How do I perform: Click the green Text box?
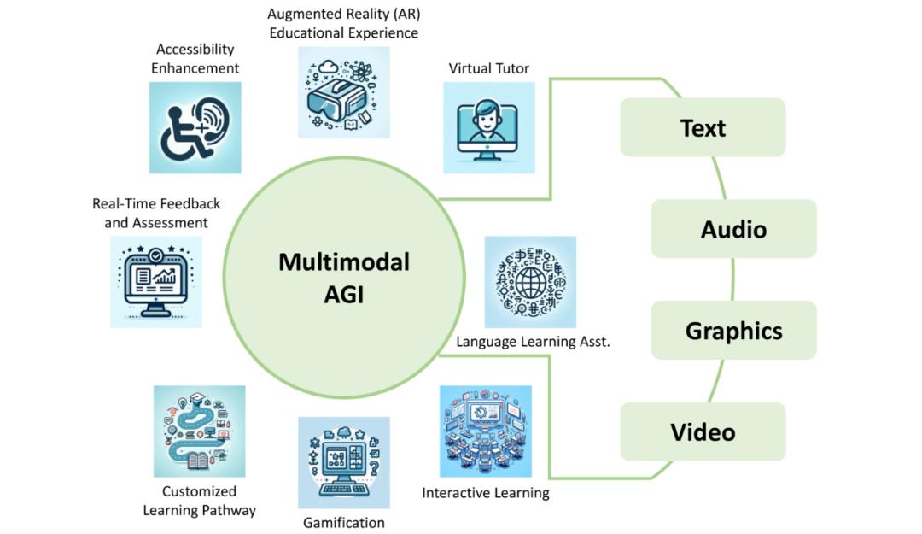(703, 127)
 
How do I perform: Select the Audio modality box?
(733, 229)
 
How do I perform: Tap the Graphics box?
(733, 331)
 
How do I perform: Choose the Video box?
(703, 431)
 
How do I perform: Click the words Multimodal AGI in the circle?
(344, 277)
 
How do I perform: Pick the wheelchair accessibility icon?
(195, 128)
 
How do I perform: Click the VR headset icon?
(343, 92)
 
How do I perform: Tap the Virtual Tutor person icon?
(489, 128)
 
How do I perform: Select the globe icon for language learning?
(530, 282)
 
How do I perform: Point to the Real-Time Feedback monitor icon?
(156, 282)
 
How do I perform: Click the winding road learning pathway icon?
(199, 431)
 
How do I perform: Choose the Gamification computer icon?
(343, 462)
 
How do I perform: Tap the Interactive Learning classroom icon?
(485, 431)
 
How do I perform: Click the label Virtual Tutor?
(489, 68)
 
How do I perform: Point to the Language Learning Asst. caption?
(533, 341)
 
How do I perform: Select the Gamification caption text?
(344, 522)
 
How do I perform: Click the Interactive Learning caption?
(486, 493)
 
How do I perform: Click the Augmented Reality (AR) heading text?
(343, 15)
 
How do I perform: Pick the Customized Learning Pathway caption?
(199, 501)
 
